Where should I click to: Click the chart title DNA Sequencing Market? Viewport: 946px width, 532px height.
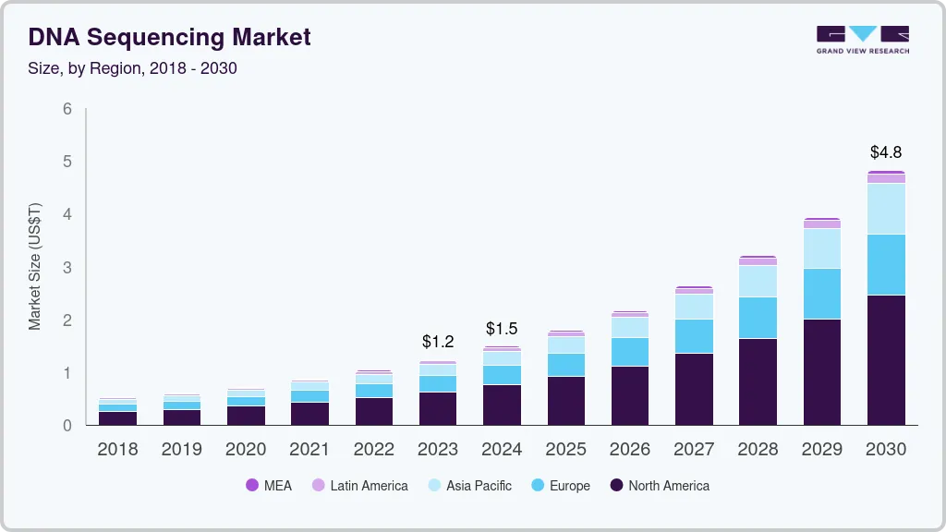[x=169, y=37]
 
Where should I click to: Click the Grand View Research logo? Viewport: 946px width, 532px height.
[x=862, y=40]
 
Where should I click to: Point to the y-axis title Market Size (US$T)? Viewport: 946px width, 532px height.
[x=35, y=266]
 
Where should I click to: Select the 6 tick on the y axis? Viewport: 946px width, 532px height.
[x=67, y=109]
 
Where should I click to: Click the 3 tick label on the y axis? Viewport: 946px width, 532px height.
[x=67, y=268]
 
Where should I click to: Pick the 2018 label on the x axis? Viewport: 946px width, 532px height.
[x=117, y=450]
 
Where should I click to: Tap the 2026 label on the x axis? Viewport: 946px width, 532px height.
[x=630, y=450]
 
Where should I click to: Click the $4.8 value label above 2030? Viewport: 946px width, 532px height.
[x=886, y=151]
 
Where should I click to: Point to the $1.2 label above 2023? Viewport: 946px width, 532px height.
[x=437, y=342]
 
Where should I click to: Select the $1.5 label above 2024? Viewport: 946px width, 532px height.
[x=502, y=329]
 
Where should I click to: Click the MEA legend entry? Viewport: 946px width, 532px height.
[x=269, y=485]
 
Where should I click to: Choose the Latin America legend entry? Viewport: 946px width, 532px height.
[x=359, y=485]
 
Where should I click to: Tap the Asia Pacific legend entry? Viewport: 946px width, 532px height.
[x=469, y=485]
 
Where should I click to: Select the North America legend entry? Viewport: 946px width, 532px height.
[x=660, y=485]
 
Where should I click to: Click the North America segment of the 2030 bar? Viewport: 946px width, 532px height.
[x=886, y=360]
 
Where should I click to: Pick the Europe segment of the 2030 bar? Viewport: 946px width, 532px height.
[x=886, y=264]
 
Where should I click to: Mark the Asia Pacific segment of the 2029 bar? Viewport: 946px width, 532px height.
[x=822, y=248]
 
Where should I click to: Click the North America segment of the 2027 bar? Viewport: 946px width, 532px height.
[x=694, y=389]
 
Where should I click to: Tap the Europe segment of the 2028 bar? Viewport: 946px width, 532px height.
[x=758, y=317]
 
